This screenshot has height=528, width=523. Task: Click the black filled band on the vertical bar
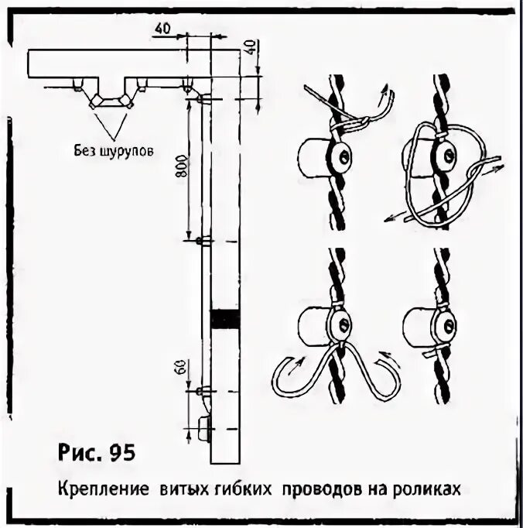[x=225, y=317]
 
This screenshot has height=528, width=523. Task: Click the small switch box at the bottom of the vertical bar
[x=206, y=429]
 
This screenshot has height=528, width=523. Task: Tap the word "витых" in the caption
[x=182, y=489]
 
